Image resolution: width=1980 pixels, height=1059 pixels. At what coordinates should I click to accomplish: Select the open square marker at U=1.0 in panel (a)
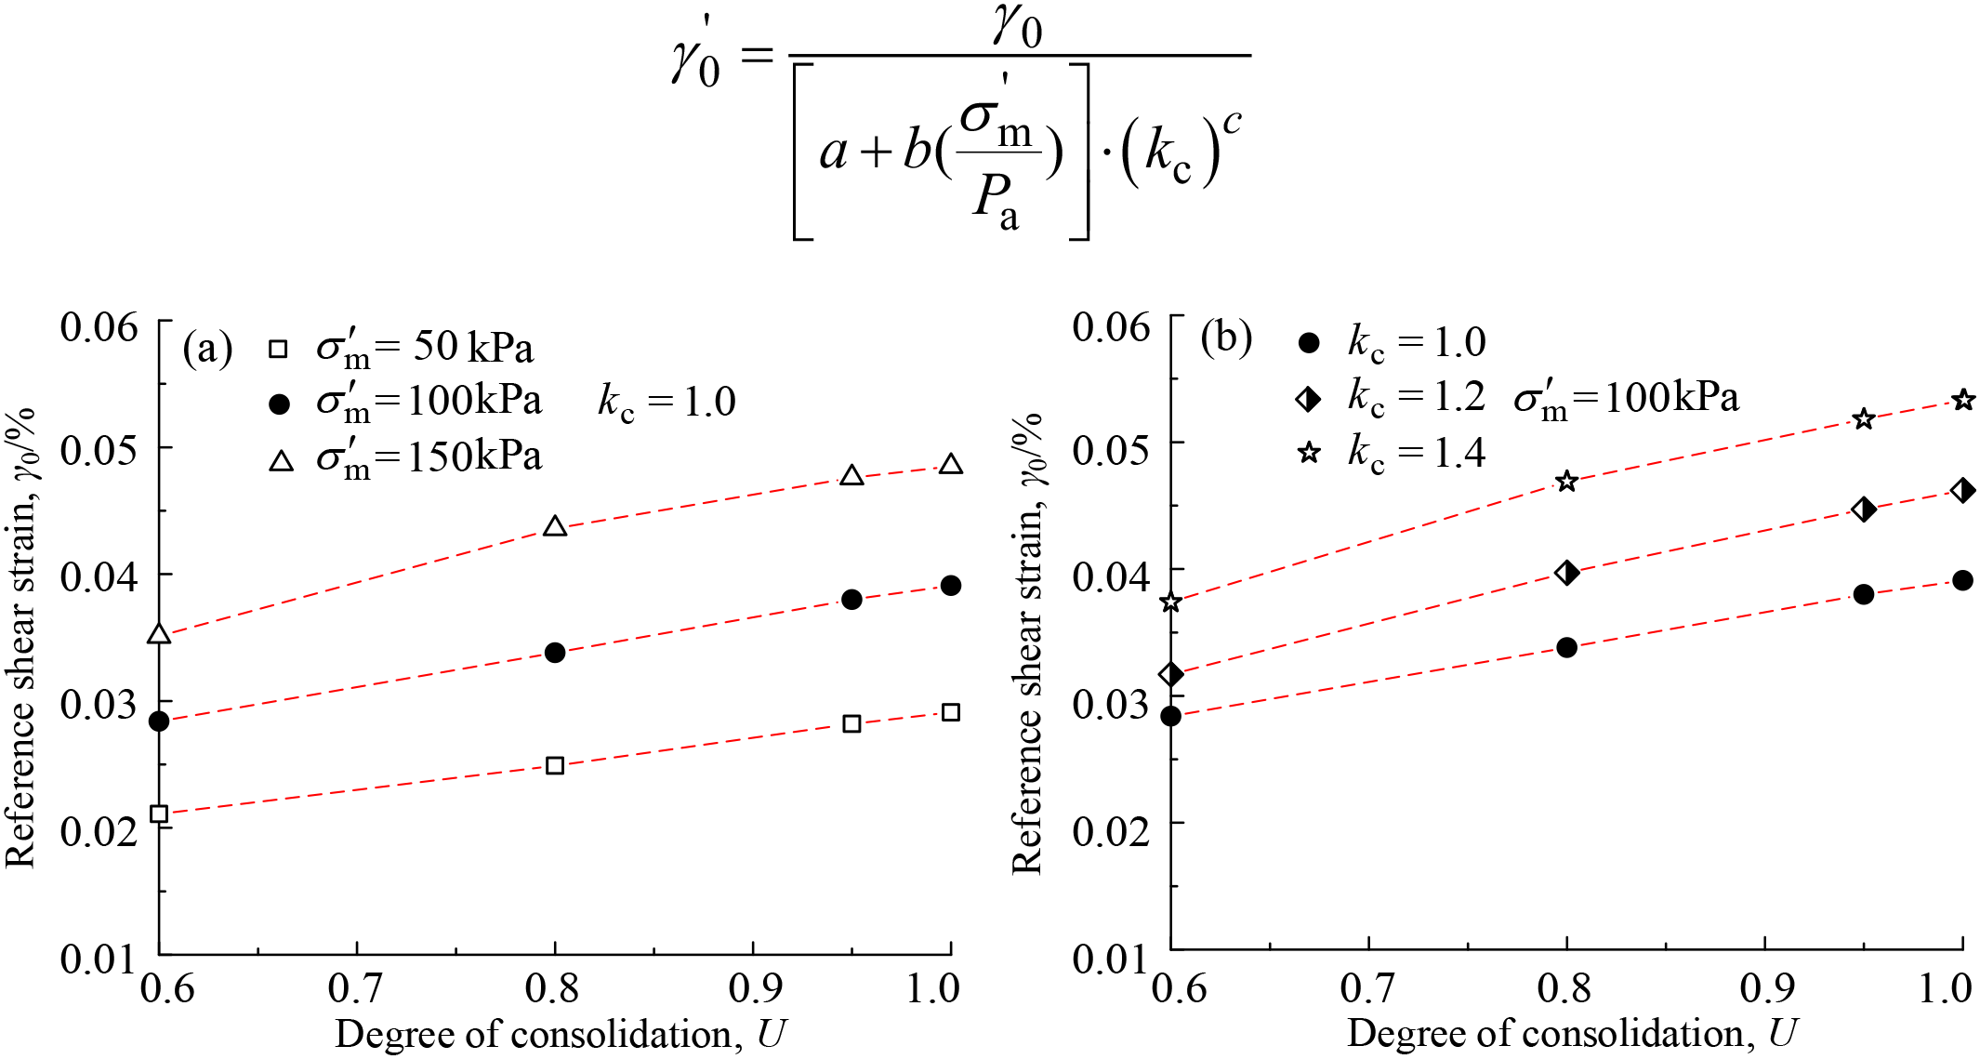click(950, 713)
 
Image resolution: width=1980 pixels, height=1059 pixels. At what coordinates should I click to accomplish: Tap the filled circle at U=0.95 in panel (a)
click(851, 600)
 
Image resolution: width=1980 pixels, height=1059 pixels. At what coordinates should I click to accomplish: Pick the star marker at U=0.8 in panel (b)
click(1566, 482)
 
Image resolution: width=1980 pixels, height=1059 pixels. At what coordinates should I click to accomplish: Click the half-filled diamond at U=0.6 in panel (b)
click(1171, 674)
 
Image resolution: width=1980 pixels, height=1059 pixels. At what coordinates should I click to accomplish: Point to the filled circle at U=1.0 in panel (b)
click(1962, 581)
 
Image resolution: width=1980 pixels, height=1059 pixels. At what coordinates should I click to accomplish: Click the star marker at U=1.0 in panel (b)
click(1962, 401)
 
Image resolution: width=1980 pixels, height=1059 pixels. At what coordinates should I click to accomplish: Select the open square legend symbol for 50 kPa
click(278, 350)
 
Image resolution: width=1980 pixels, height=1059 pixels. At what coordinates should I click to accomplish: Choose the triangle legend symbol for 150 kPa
click(281, 461)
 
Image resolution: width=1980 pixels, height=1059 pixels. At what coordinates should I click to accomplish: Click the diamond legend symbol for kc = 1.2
click(1308, 400)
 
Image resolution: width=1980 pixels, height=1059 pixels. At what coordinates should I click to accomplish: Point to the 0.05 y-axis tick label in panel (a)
click(99, 450)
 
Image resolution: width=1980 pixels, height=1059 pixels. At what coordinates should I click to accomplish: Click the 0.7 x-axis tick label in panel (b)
click(1368, 988)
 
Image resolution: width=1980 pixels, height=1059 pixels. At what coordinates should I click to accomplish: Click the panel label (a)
click(207, 349)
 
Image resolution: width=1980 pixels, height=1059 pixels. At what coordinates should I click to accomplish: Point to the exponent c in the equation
click(1232, 122)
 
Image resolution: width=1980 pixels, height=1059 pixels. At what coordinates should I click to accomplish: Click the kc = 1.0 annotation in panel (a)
click(666, 403)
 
